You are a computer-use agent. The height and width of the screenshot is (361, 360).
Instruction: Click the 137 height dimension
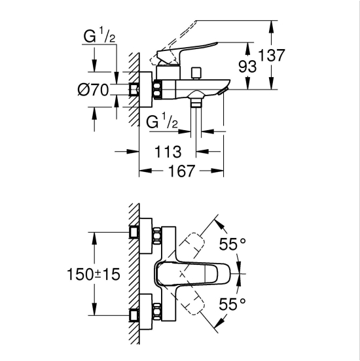(x=272, y=55)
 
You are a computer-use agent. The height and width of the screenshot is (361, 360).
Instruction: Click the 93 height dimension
(x=247, y=67)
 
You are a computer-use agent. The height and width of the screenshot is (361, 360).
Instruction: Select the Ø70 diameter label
(x=93, y=90)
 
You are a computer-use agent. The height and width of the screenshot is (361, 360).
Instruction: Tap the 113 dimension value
(x=168, y=152)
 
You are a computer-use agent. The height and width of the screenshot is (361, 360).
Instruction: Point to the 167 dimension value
(x=181, y=171)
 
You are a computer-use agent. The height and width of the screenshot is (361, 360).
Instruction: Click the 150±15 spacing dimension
(x=94, y=274)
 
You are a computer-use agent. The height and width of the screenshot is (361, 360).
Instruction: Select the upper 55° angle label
(x=232, y=244)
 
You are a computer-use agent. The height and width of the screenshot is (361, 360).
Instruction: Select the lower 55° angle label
(x=232, y=304)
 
